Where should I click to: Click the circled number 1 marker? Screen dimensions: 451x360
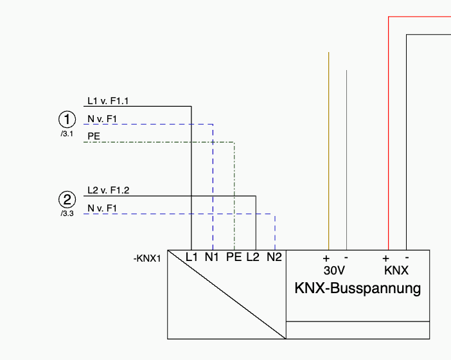tap(67, 120)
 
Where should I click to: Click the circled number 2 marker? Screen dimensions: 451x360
tap(67, 199)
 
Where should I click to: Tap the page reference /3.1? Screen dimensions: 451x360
tap(67, 134)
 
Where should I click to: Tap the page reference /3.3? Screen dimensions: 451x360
tap(67, 213)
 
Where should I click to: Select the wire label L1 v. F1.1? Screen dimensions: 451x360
tap(108, 101)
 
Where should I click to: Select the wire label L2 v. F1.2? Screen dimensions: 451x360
tap(109, 190)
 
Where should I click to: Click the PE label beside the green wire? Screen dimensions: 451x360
tap(94, 136)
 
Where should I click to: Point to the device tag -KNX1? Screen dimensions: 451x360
tap(147, 258)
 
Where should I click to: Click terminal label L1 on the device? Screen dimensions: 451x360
tap(191, 257)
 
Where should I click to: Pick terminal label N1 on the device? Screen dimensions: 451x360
tap(212, 257)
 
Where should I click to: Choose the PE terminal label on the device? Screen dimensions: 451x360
tap(234, 257)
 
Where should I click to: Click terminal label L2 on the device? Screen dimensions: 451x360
tap(253, 257)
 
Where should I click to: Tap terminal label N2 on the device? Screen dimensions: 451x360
tap(274, 257)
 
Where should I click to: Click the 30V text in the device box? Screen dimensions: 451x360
tap(334, 271)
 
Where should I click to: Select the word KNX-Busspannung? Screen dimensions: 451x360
tap(358, 289)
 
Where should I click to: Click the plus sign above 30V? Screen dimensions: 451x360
tap(326, 258)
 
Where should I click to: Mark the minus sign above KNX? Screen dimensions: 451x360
tap(407, 258)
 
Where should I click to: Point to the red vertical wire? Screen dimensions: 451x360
tap(389, 133)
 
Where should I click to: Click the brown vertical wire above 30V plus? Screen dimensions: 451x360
tap(329, 151)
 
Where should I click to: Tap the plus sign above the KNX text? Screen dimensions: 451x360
tap(385, 258)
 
